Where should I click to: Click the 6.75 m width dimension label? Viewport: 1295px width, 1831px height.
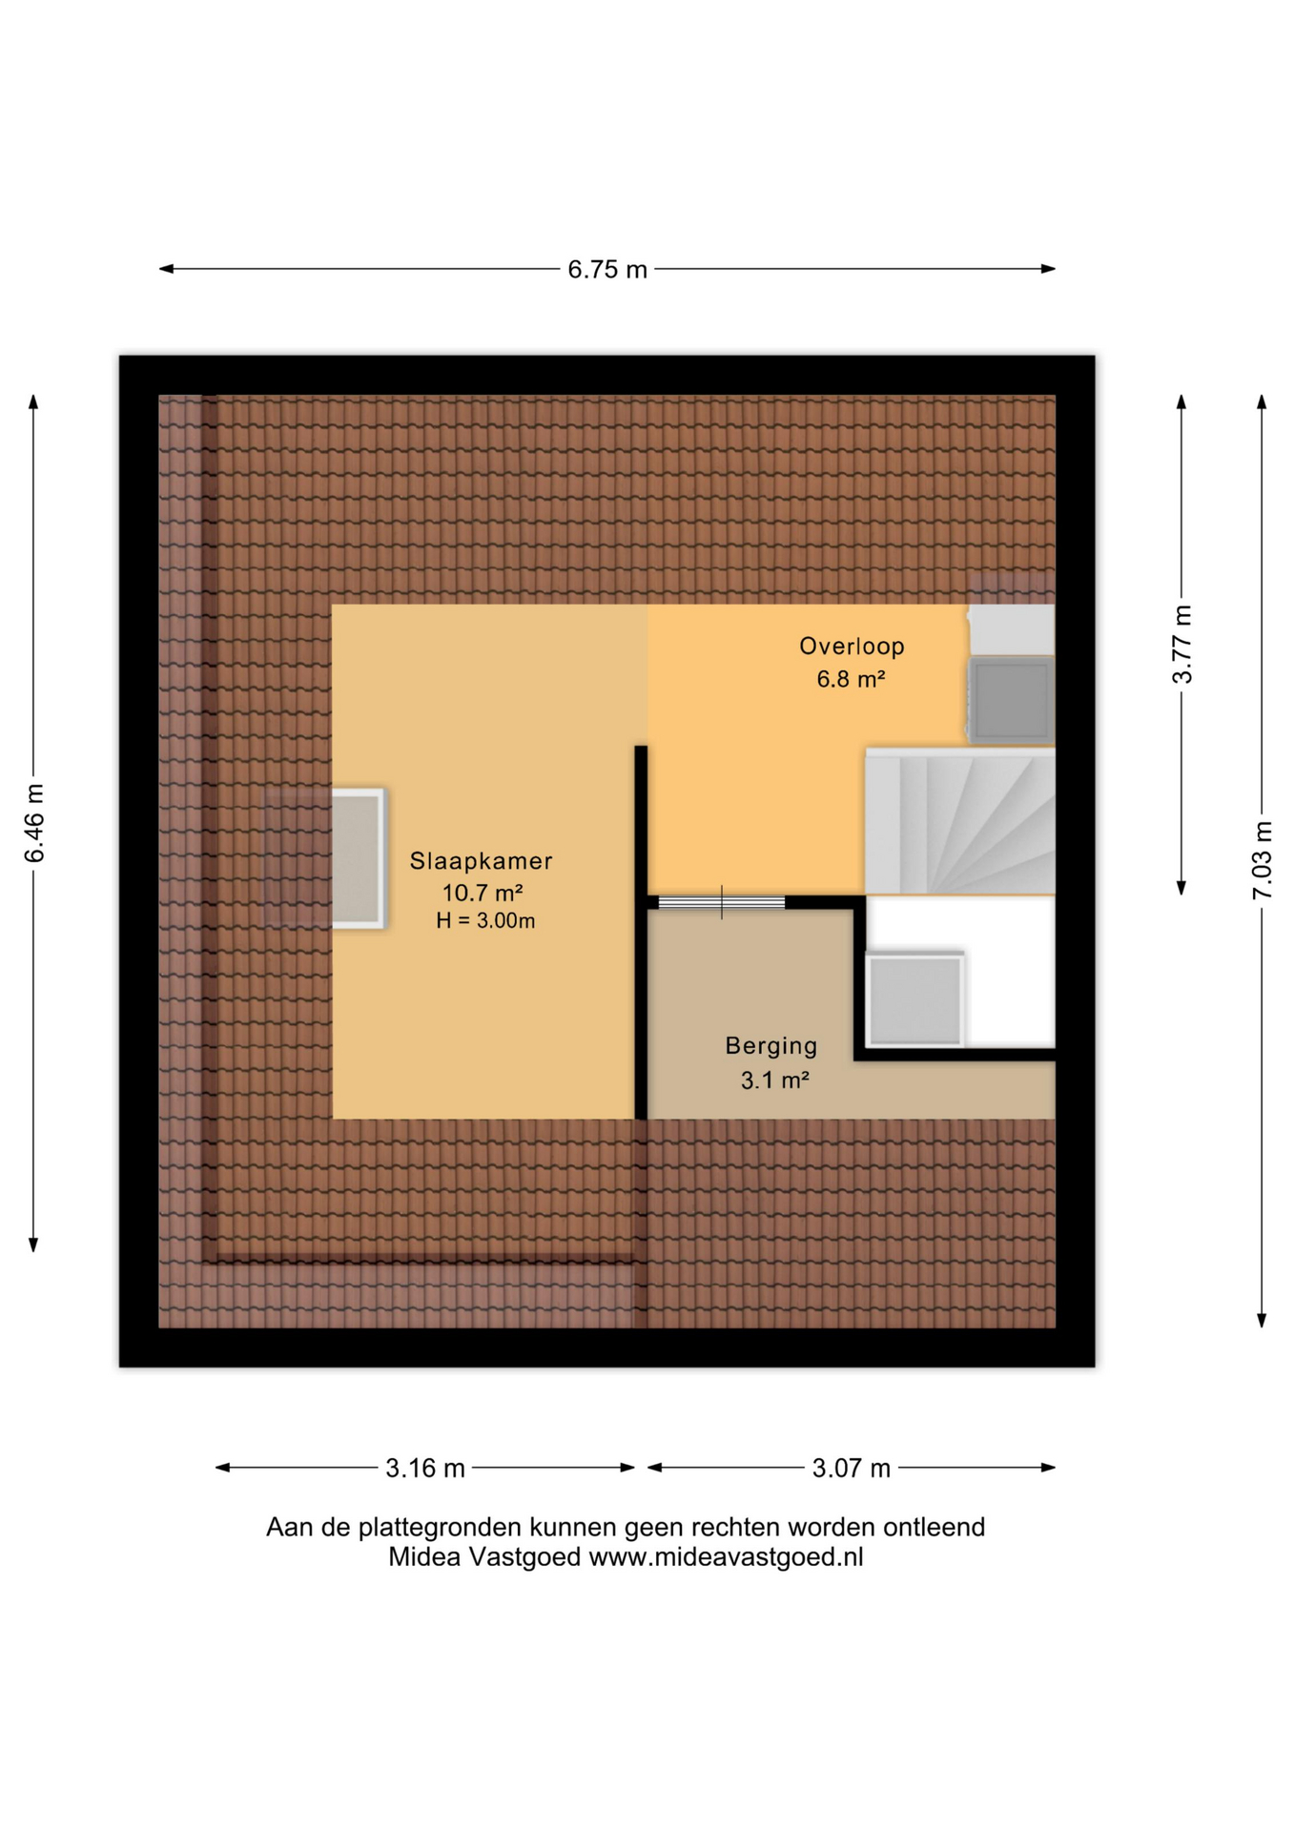607,270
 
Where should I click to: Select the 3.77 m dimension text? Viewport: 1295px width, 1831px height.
1182,645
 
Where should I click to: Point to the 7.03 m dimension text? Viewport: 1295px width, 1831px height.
1262,860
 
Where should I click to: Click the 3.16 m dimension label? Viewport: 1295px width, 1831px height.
425,1468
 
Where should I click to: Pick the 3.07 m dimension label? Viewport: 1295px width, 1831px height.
851,1468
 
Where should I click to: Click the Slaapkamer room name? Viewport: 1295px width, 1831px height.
482,861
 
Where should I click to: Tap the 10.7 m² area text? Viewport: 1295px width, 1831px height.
483,893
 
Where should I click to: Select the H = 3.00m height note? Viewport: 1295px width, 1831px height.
485,921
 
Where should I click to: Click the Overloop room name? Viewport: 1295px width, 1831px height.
852,647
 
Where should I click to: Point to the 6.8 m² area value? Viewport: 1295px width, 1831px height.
851,679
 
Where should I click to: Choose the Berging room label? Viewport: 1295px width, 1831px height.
771,1046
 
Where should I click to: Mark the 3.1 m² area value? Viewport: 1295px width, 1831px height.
775,1080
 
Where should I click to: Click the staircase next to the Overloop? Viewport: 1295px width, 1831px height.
959,821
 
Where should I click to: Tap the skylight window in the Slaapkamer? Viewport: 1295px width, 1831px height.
358,857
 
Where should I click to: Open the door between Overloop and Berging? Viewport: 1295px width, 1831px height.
722,902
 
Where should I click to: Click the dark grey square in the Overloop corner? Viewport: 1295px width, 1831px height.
1012,700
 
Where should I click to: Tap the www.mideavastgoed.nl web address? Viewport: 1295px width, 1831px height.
726,1557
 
